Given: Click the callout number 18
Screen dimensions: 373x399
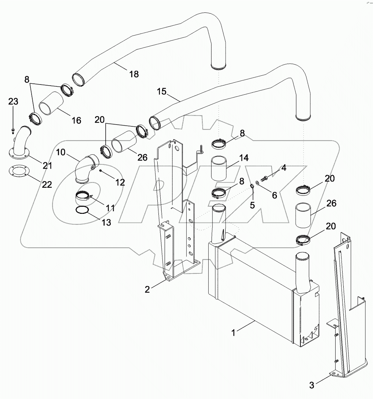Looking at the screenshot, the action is point(134,74).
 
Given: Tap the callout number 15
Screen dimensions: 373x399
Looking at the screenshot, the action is point(162,91).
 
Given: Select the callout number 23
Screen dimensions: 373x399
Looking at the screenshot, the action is point(13,101).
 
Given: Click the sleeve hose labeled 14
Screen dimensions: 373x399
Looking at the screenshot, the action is point(219,169).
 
